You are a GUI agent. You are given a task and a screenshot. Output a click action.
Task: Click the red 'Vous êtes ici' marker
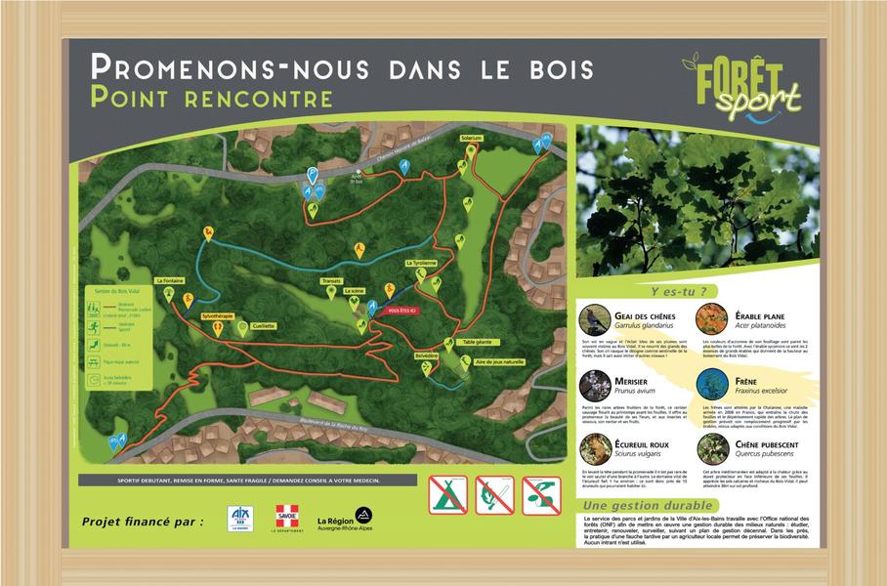[401, 310]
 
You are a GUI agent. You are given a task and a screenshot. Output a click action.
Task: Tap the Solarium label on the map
[473, 139]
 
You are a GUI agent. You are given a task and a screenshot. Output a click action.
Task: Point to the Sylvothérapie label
[218, 317]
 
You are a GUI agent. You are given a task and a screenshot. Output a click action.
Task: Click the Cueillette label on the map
[263, 325]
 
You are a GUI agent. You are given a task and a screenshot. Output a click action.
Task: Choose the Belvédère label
[425, 356]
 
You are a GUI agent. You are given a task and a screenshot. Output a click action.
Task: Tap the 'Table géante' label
[478, 342]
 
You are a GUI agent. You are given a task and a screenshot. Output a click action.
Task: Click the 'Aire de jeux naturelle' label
[499, 361]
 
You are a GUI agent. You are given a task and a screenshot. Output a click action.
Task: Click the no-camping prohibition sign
[447, 495]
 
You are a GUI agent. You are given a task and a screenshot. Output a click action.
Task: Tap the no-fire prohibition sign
[493, 495]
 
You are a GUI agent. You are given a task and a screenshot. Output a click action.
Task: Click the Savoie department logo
[286, 518]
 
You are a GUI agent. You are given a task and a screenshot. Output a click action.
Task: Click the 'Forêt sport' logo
[742, 86]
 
